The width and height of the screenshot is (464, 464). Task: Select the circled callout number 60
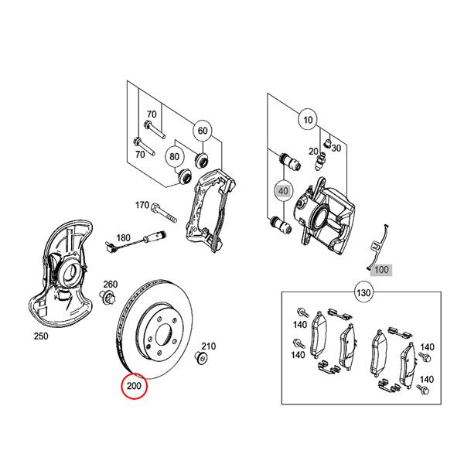[202, 131]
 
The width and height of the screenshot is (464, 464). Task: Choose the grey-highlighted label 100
[381, 270]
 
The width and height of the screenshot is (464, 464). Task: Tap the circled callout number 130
[363, 294]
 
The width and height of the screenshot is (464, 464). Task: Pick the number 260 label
[111, 284]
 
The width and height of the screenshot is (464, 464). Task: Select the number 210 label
[209, 346]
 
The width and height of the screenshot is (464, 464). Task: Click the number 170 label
[142, 206]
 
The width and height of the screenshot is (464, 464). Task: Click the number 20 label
[312, 152]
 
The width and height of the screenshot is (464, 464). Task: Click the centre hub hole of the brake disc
[164, 336]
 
